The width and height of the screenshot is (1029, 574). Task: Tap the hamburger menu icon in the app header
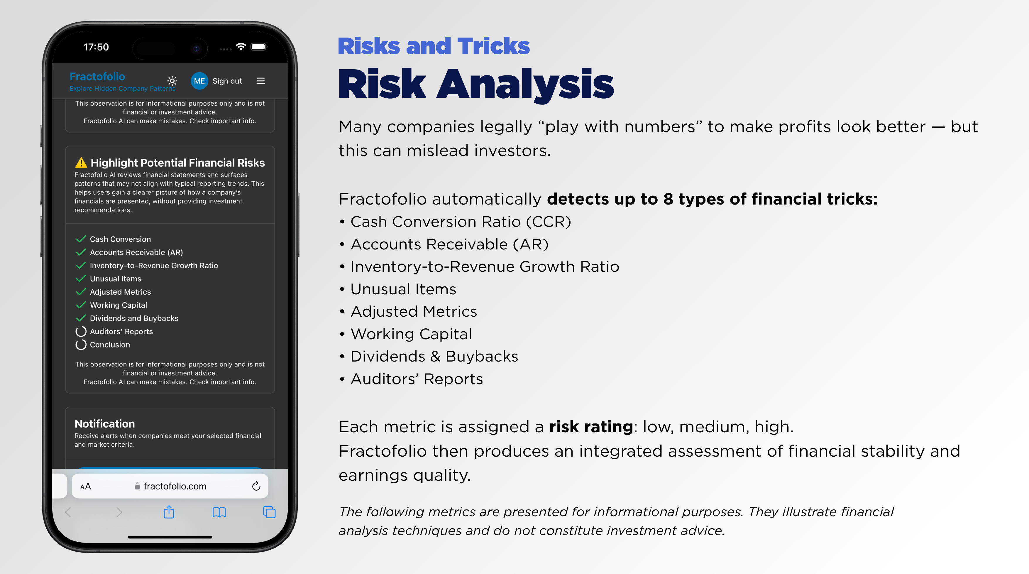(260, 81)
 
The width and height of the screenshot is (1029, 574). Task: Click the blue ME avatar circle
(199, 81)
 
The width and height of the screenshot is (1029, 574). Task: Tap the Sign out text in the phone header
(227, 81)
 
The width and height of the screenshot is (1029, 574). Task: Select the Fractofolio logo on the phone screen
(97, 77)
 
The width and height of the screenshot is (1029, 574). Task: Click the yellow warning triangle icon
(81, 163)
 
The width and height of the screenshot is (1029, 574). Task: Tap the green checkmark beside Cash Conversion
(81, 239)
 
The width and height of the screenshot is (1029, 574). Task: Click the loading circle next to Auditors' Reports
(81, 331)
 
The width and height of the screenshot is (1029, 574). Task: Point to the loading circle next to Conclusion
(81, 345)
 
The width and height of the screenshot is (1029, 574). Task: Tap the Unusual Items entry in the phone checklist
(116, 278)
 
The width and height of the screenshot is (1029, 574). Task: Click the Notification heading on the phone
(105, 424)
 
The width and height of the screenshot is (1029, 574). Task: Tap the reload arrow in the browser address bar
(256, 486)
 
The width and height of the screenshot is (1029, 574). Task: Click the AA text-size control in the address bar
(85, 487)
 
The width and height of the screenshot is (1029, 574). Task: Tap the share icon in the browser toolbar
(169, 512)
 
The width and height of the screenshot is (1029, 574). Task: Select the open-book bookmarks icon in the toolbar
(219, 512)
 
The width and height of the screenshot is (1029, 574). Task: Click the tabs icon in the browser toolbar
(269, 512)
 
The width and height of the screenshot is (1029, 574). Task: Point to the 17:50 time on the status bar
(96, 47)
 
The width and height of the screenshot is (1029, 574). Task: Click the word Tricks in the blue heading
(493, 46)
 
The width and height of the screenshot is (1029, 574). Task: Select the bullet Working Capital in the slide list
(411, 334)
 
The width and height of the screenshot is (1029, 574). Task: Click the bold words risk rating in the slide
(591, 427)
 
